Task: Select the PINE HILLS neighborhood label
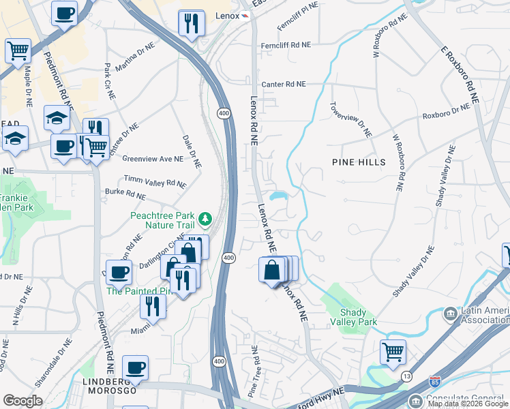pyautogui.click(x=359, y=162)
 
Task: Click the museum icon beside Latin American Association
pyautogui.click(x=450, y=314)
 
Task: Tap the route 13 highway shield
pyautogui.click(x=406, y=376)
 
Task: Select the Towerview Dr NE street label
pyautogui.click(x=351, y=120)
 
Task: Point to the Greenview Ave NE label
pyautogui.click(x=153, y=159)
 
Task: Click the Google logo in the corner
pyautogui.click(x=22, y=401)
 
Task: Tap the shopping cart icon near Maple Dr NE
pyautogui.click(x=18, y=50)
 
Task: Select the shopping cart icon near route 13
pyautogui.click(x=393, y=352)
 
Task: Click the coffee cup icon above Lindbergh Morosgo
pyautogui.click(x=135, y=367)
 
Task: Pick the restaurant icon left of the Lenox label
pyautogui.click(x=191, y=24)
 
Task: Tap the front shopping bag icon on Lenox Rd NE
pyautogui.click(x=271, y=270)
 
